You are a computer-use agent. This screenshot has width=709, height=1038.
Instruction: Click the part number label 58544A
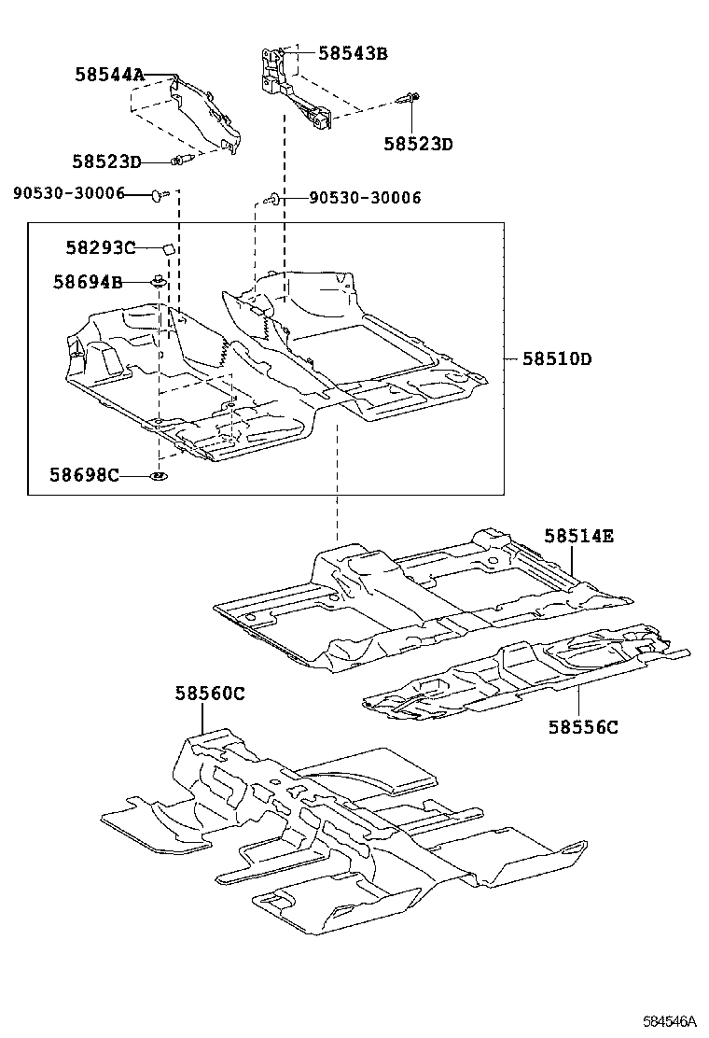pos(109,76)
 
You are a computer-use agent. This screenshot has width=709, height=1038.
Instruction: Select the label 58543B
pos(352,53)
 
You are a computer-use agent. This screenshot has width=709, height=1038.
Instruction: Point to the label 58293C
pos(100,247)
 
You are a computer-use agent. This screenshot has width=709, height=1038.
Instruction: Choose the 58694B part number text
pos(87,281)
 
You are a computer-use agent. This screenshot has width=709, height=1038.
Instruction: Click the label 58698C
pos(85,476)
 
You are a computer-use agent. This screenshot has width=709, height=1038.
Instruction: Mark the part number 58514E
pos(579,536)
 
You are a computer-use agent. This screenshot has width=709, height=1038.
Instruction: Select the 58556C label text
pos(583,726)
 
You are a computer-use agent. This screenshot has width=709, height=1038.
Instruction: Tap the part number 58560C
pos(210,693)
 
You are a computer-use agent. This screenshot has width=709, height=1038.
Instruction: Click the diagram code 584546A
pos(669,1022)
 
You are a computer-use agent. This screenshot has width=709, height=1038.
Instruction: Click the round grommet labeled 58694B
pos(159,280)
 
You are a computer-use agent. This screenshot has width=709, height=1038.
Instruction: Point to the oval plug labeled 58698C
pos(159,477)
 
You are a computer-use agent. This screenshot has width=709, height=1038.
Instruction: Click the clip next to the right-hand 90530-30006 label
pos(273,198)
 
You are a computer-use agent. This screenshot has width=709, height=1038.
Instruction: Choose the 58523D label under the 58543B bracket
pos(418,144)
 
